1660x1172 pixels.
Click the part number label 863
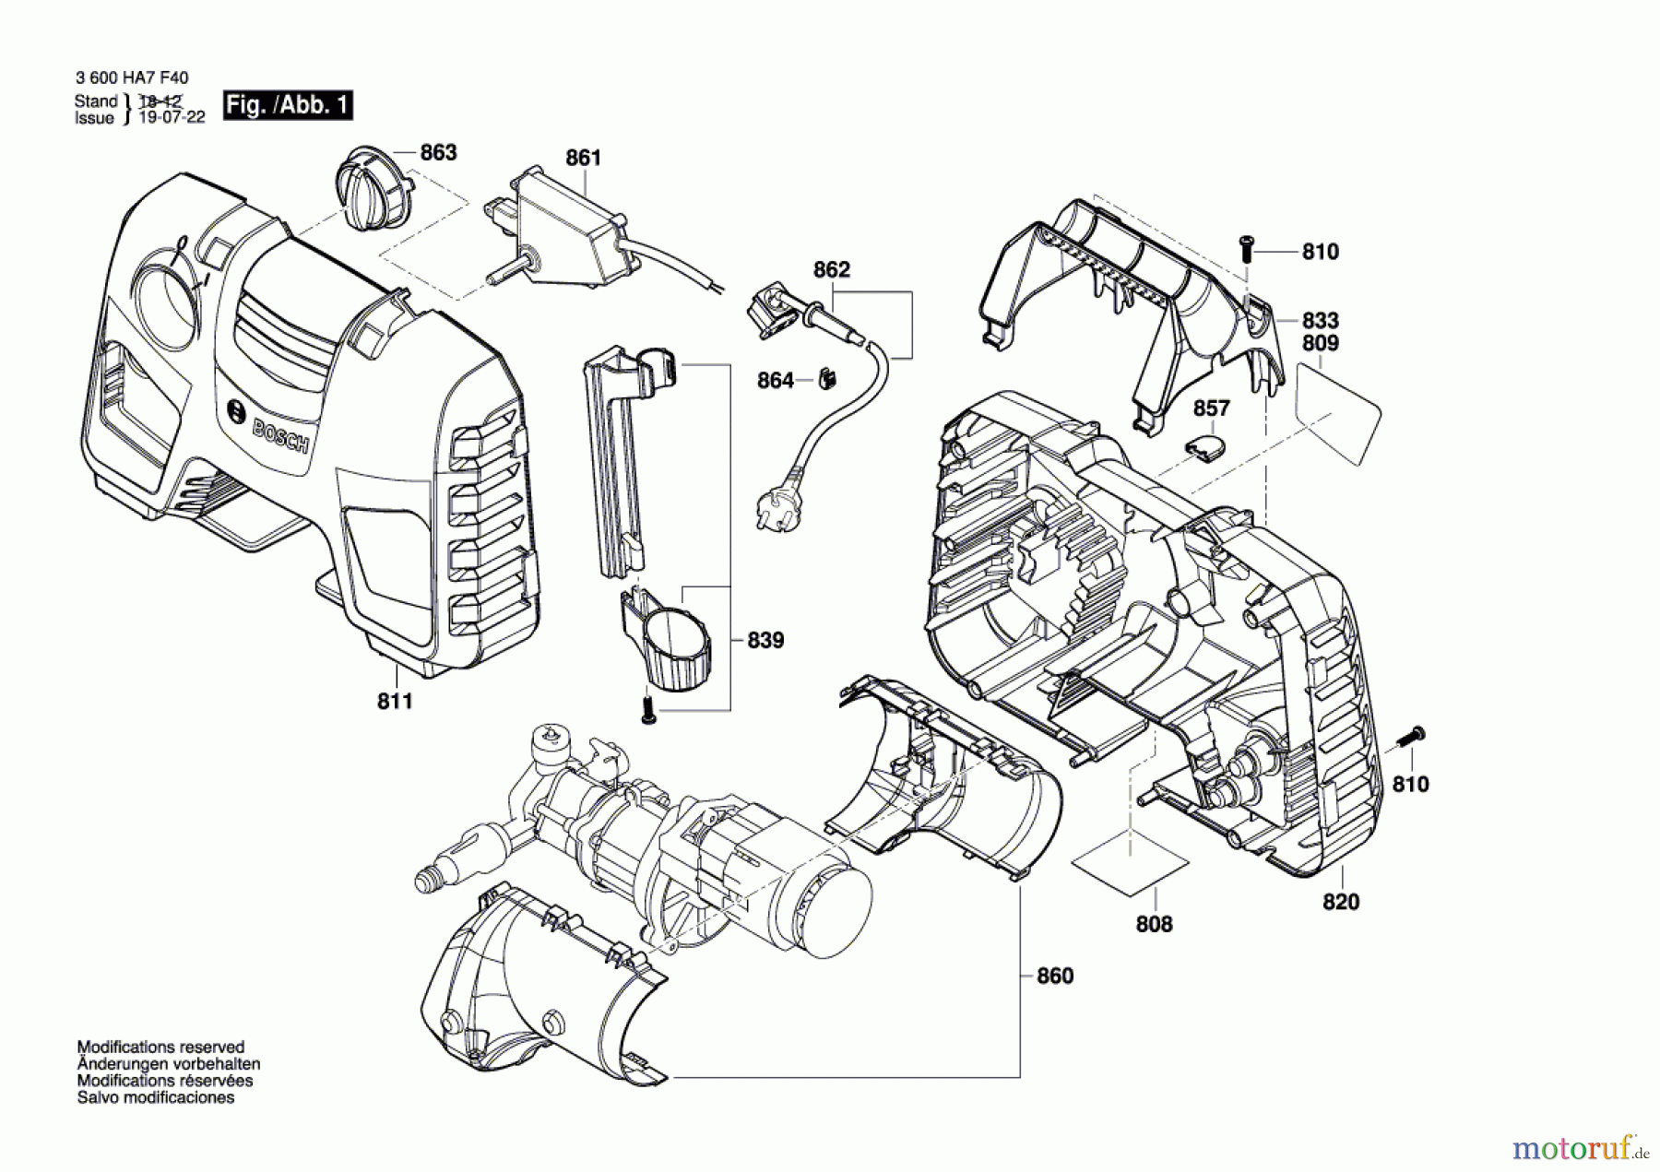438,152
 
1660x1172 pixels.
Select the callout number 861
583,158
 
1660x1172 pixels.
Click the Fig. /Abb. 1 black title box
288,105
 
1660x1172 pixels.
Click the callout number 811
395,702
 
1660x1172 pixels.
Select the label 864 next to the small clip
776,381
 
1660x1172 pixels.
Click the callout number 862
831,269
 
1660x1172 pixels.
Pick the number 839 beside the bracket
765,640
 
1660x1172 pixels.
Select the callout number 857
1211,408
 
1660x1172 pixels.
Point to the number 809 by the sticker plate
1320,343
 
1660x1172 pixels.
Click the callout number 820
1341,902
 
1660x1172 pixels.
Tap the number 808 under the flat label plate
1154,924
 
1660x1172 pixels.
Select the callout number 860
1055,976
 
